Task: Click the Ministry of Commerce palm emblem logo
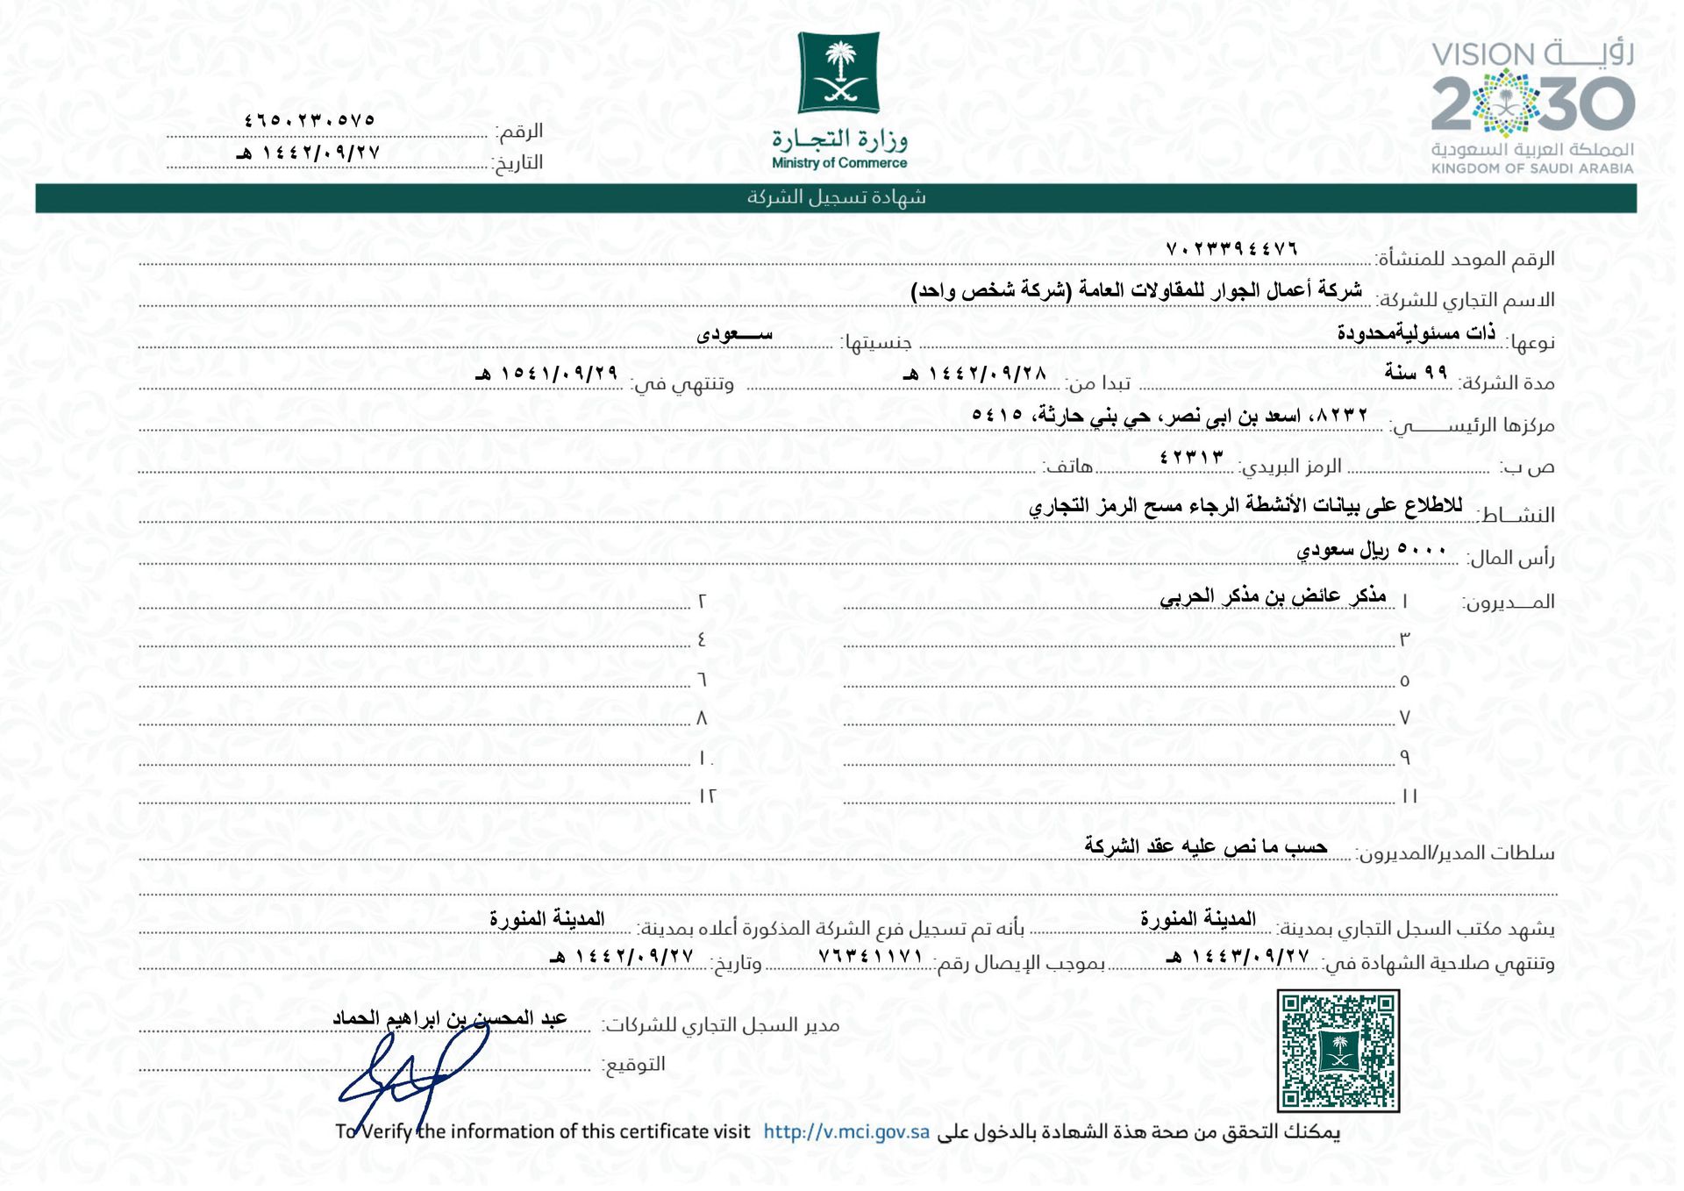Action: point(838,73)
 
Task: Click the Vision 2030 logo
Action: point(1532,105)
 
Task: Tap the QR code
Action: point(1338,1051)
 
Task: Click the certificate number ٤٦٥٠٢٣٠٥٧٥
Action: point(310,120)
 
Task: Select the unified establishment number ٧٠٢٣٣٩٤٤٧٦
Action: point(1231,249)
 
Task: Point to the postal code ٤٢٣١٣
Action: point(1191,457)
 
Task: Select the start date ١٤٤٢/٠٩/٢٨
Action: point(976,374)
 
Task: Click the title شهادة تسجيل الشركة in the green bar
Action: point(836,197)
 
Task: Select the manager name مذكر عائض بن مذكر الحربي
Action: point(1273,596)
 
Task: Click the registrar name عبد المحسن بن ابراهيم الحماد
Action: point(450,1017)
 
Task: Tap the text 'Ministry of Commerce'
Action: point(839,163)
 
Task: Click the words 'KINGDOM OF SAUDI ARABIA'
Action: point(1532,168)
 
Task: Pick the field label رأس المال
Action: point(1511,558)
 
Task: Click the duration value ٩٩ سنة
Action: point(1416,373)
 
